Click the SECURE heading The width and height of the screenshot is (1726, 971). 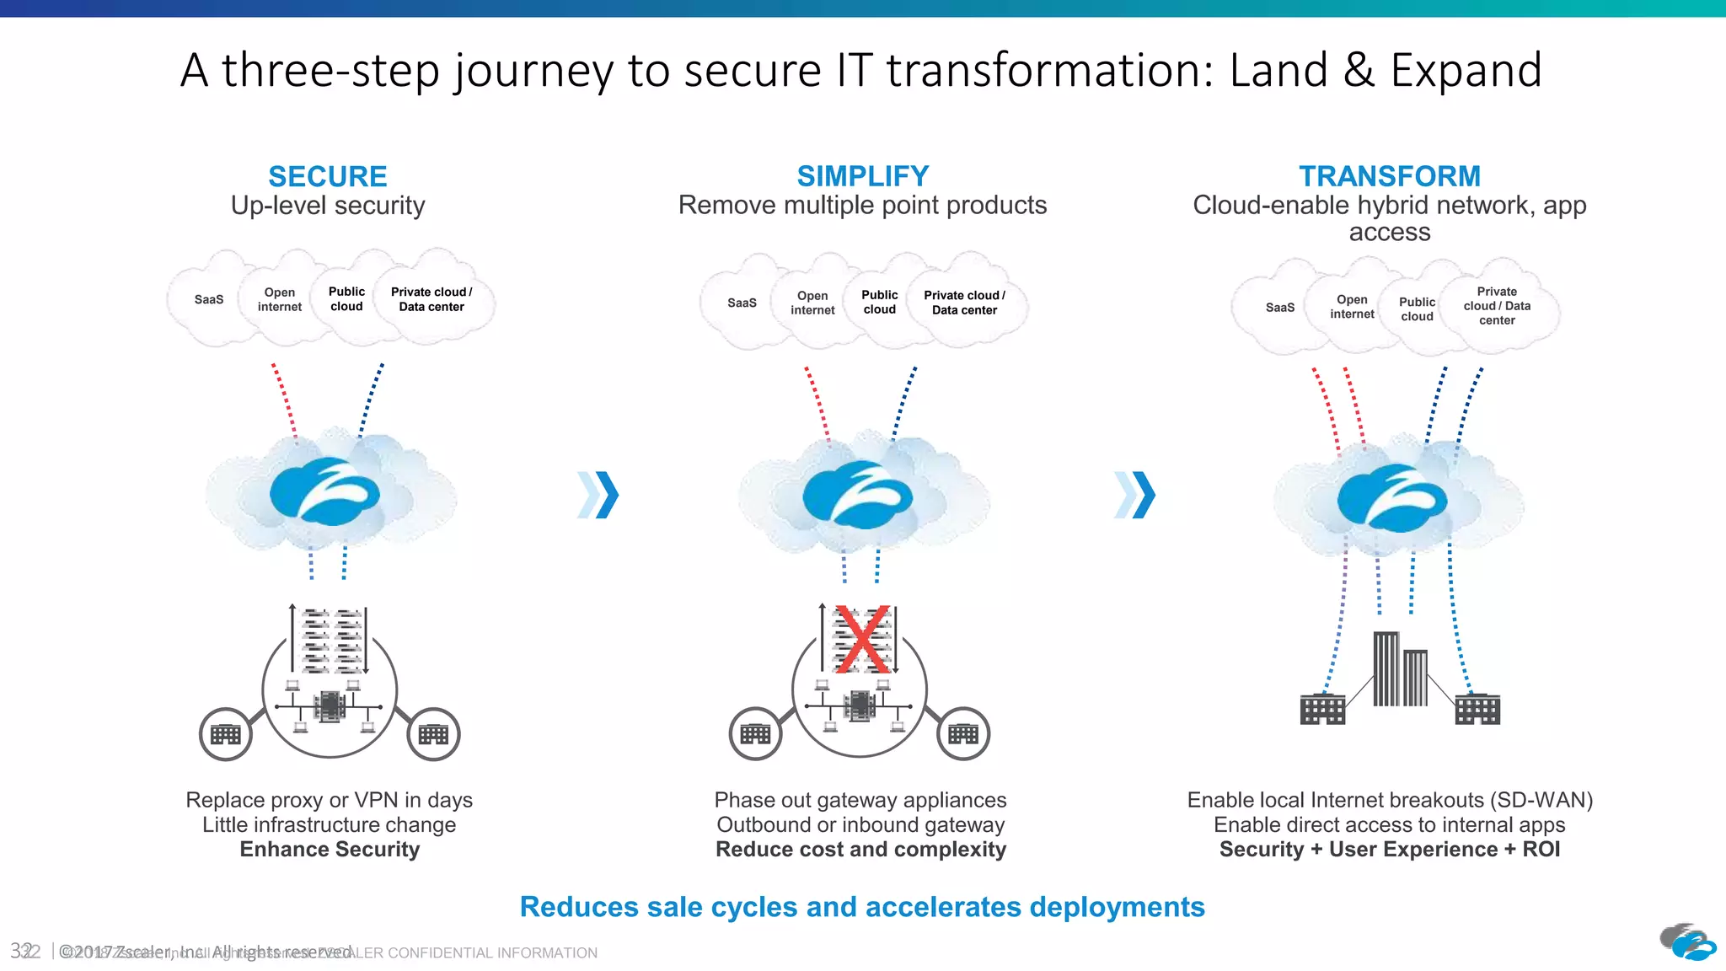(x=328, y=176)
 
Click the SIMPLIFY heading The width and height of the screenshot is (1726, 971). (x=862, y=176)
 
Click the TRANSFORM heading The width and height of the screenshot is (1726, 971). (x=1389, y=176)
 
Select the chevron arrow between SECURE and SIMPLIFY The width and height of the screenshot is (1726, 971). (x=598, y=495)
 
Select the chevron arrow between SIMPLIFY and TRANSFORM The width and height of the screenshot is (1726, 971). (x=1134, y=495)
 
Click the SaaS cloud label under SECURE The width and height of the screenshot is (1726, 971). (x=209, y=299)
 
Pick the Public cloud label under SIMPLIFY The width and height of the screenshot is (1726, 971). (x=879, y=302)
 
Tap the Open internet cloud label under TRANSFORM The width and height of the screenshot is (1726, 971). (x=1352, y=307)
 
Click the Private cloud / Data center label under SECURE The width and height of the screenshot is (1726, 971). (x=431, y=299)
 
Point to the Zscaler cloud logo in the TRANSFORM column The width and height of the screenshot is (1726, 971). (x=1391, y=497)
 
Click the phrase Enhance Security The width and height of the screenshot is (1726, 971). (x=330, y=849)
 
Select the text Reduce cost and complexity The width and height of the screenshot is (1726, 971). (x=860, y=849)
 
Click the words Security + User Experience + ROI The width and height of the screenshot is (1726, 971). (x=1389, y=849)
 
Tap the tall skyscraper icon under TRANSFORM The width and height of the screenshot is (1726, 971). (x=1387, y=668)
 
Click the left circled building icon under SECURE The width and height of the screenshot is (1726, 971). (x=225, y=734)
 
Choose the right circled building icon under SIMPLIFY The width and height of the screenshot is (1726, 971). (x=963, y=734)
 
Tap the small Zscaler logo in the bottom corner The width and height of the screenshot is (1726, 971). (x=1688, y=941)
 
